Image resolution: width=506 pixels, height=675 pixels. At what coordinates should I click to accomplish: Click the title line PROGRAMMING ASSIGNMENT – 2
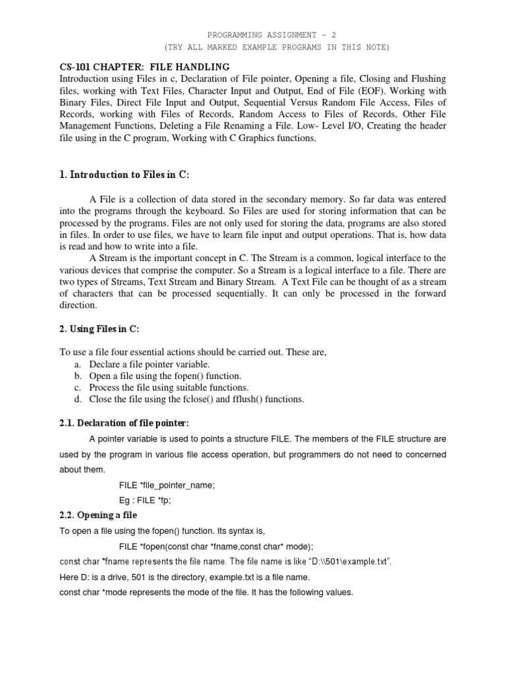point(276,35)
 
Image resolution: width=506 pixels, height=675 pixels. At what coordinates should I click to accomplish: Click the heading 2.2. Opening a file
point(98,515)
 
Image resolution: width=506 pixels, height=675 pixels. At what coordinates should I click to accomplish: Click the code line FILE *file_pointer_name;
point(167,484)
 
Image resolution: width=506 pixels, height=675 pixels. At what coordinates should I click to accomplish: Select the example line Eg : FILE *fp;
point(148,500)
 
